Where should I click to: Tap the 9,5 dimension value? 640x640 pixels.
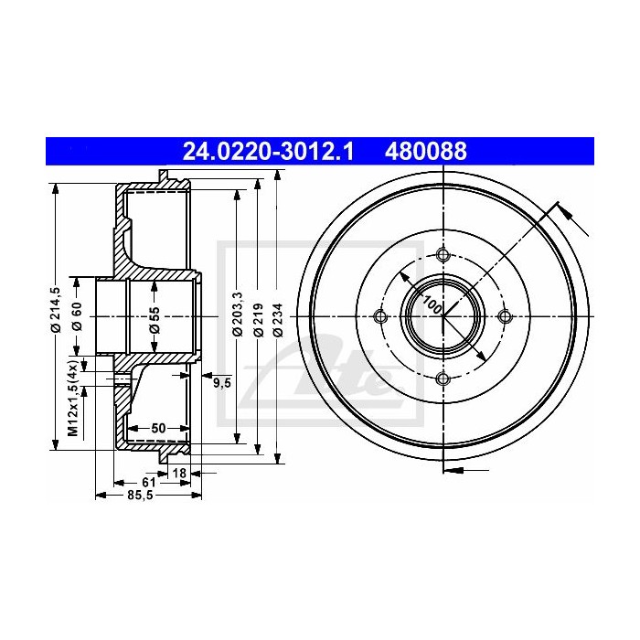[x=221, y=383]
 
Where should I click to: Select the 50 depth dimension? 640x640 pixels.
[x=157, y=428]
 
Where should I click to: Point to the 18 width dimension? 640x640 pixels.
[x=179, y=472]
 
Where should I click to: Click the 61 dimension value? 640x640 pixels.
[x=147, y=483]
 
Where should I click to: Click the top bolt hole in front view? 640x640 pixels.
[x=443, y=254]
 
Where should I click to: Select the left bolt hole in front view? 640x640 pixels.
[x=381, y=316]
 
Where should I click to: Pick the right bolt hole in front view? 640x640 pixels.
[x=504, y=316]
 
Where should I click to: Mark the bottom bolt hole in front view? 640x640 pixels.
[x=443, y=378]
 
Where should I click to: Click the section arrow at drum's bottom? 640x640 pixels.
[x=453, y=471]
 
